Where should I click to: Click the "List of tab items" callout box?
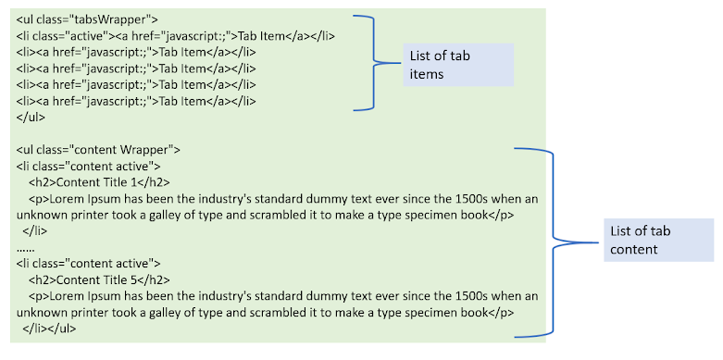coord(458,65)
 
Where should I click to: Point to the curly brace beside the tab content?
coord(553,242)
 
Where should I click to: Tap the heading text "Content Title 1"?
coord(96,182)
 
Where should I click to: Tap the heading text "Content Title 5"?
coord(96,279)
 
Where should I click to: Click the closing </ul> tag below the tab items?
coord(31,118)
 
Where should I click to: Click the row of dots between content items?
coord(25,249)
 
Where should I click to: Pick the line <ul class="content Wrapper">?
coord(98,150)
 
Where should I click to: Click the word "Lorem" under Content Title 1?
coord(63,199)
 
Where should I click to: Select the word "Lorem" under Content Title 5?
coord(63,296)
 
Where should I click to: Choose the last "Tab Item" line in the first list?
coord(136,101)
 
